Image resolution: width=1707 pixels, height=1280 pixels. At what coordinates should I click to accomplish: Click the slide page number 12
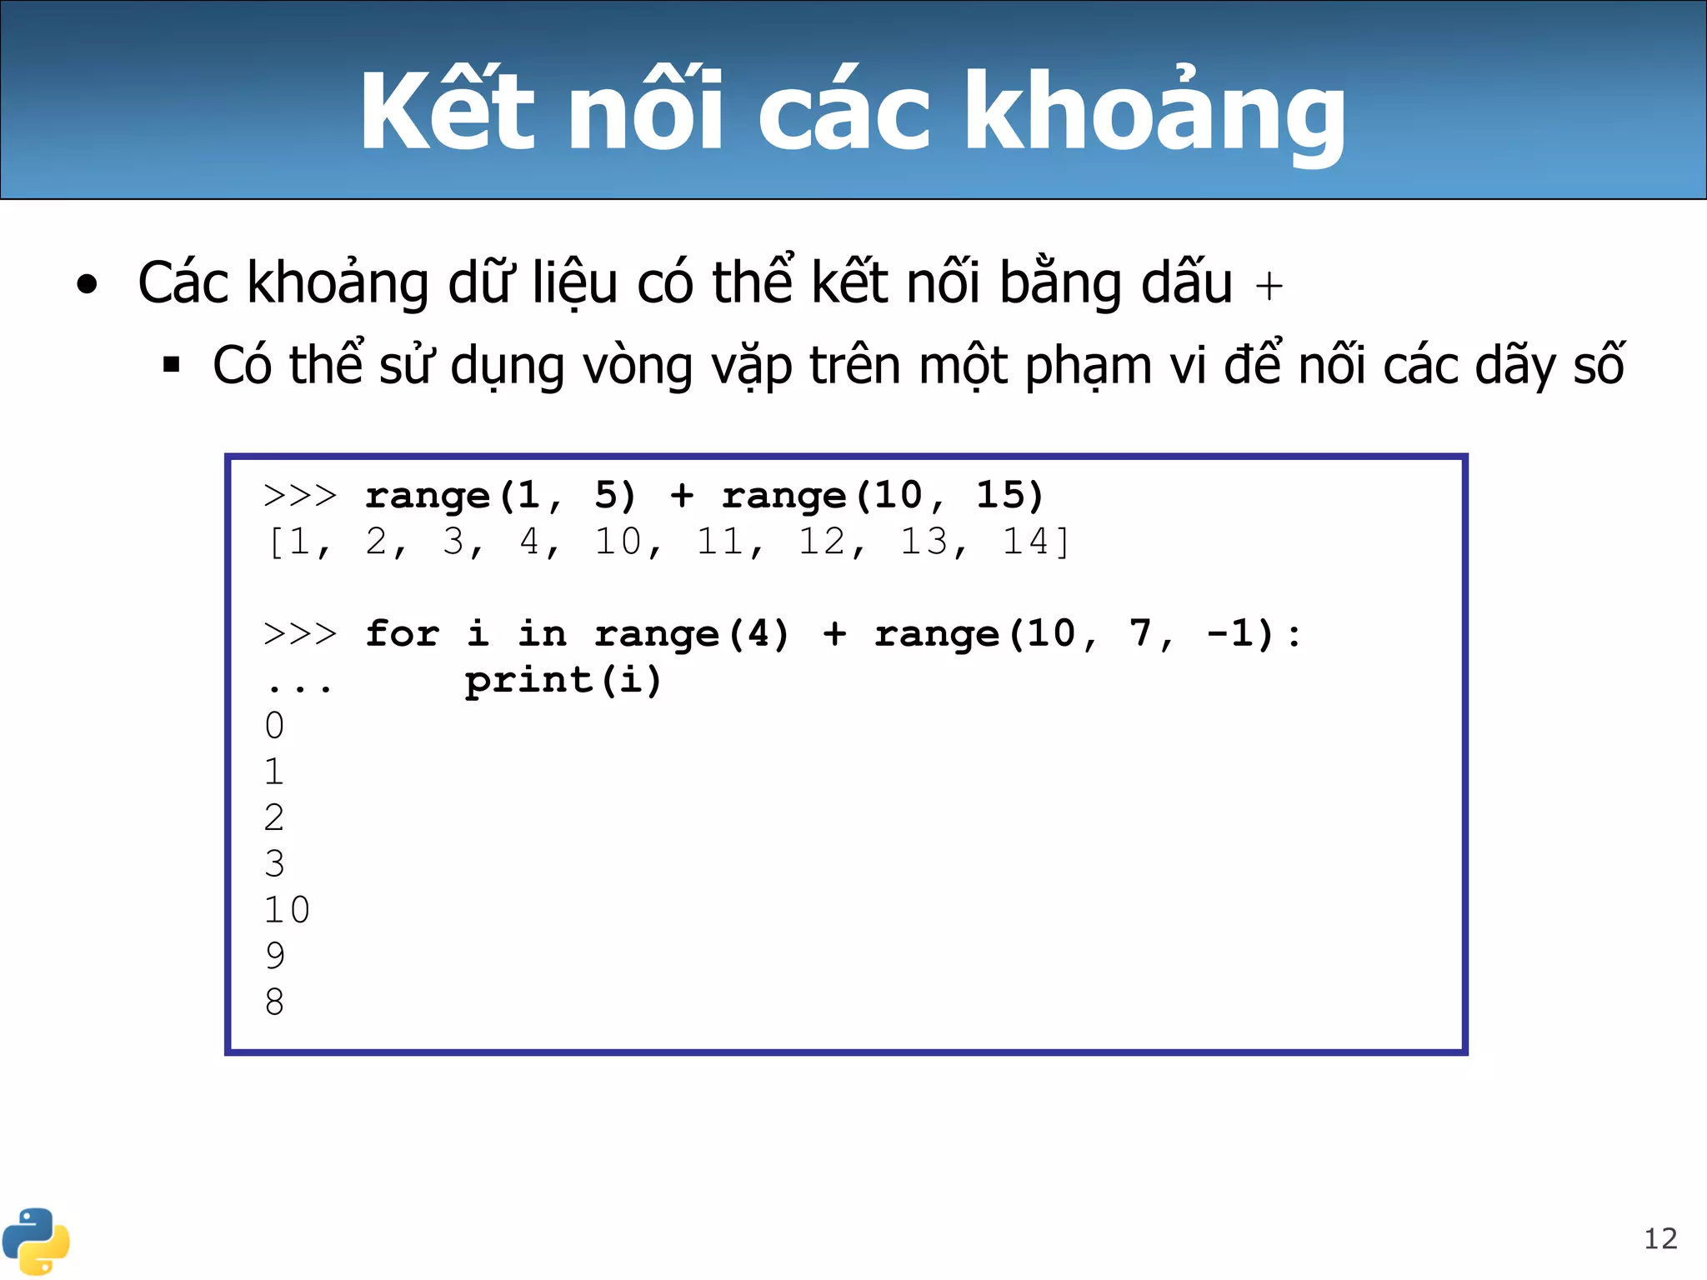point(1659,1239)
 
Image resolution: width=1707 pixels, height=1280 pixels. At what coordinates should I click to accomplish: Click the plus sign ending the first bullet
point(1269,287)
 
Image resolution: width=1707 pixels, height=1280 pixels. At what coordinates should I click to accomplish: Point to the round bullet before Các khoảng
point(87,285)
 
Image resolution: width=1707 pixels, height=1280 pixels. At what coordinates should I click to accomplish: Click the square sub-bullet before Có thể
point(172,365)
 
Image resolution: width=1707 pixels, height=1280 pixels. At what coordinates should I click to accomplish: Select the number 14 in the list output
point(1024,542)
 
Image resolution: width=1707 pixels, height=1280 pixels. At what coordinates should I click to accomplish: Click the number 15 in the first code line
point(999,495)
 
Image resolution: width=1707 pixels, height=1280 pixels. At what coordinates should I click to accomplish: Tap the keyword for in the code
point(403,633)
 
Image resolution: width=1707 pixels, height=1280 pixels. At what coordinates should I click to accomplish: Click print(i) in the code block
point(563,680)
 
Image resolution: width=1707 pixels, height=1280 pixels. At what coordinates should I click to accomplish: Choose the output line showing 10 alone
point(287,909)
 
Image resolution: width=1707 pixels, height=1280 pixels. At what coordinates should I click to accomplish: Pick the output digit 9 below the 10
point(275,955)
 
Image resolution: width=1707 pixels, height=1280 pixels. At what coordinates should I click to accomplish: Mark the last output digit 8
point(275,1002)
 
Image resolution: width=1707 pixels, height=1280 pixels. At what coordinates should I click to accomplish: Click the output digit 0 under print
point(275,726)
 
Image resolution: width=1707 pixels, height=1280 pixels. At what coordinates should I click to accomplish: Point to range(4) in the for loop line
point(692,633)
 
